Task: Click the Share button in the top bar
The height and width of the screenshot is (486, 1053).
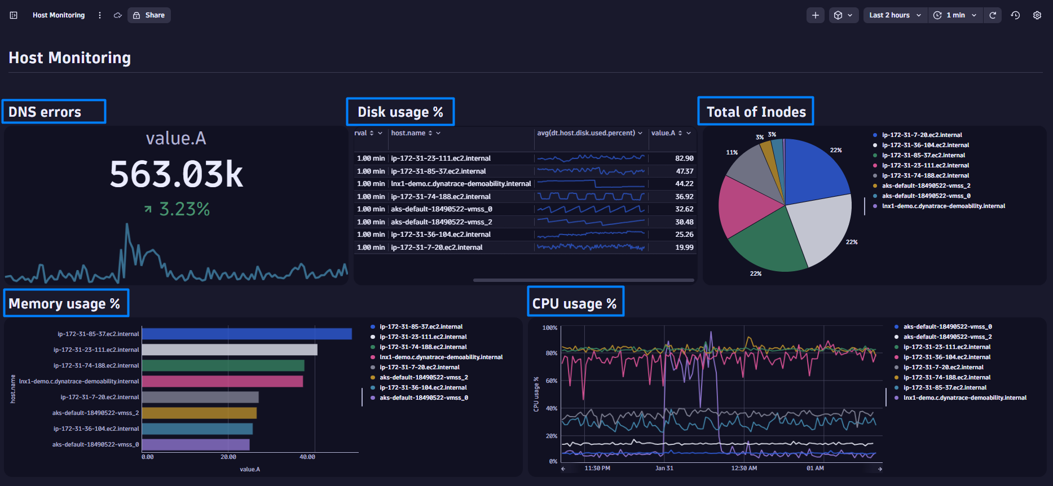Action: [x=149, y=15]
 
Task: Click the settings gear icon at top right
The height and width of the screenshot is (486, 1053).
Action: [x=1037, y=15]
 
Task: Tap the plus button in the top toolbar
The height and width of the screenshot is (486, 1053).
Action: [x=815, y=15]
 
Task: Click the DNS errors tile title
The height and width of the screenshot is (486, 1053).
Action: [x=45, y=112]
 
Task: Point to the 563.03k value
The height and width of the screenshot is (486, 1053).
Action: [x=176, y=175]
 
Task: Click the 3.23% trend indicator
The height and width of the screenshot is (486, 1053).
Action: [x=177, y=209]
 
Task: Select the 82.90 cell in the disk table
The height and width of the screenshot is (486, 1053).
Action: [x=684, y=158]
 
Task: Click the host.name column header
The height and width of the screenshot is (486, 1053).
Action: [x=408, y=133]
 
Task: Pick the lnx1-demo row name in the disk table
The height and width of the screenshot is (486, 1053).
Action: [x=460, y=184]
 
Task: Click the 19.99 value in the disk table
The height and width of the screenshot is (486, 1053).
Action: [x=684, y=248]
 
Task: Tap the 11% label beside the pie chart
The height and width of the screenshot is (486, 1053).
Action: [x=732, y=152]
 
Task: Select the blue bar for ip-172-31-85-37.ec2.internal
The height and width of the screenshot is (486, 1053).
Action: [x=246, y=334]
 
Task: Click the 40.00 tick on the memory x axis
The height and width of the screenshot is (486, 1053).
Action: [x=307, y=457]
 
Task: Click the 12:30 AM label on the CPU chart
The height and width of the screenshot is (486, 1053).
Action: [x=744, y=469]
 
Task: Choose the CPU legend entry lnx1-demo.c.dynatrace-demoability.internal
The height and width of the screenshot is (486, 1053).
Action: [x=964, y=398]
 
